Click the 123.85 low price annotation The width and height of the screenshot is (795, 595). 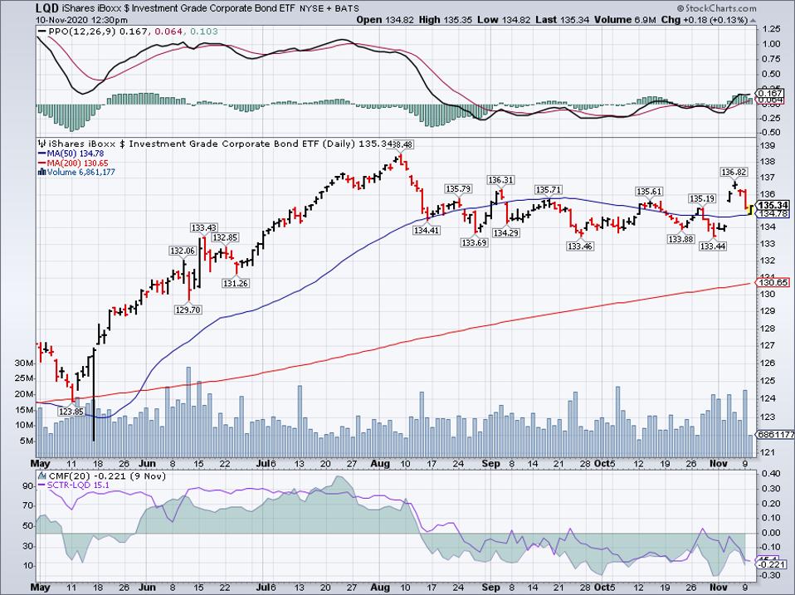[x=71, y=412]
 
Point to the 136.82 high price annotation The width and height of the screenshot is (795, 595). [x=734, y=172]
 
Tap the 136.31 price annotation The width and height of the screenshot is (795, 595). [x=500, y=179]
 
